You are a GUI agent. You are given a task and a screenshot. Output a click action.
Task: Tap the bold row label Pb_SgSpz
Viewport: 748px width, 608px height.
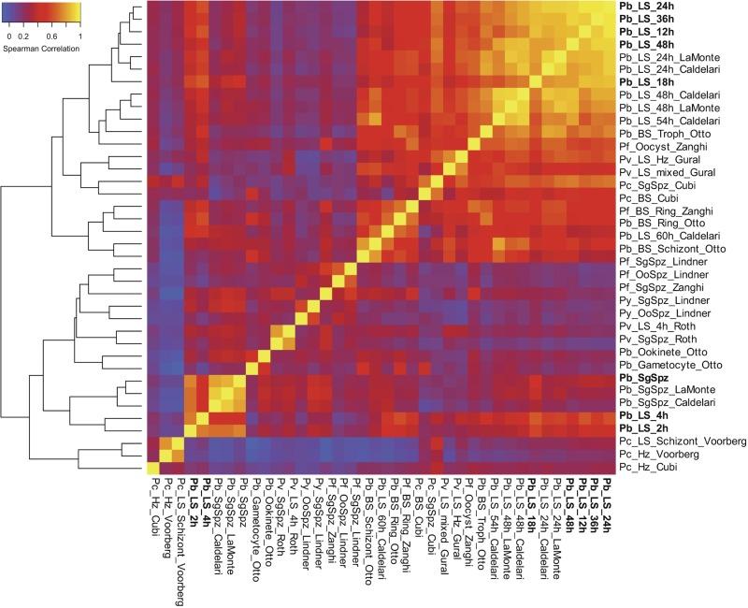[643, 376]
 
